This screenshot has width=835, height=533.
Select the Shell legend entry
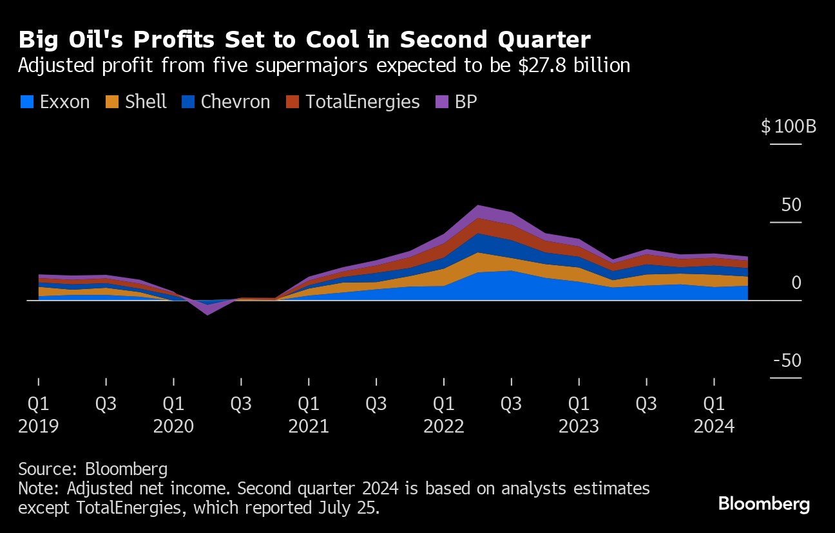137,102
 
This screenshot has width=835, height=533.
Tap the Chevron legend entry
226,102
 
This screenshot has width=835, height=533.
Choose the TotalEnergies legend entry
354,102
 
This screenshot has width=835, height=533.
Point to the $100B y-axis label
789,126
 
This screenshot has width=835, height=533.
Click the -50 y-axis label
789,360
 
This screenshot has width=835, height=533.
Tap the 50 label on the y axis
792,205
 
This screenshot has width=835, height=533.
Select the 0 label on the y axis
797,283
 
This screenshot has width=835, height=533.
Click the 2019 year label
38,426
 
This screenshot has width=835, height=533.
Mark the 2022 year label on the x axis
444,426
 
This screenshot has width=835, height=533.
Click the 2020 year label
173,426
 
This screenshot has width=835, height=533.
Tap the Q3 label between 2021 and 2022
376,404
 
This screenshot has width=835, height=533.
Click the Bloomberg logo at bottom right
764,503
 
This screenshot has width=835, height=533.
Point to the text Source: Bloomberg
93,469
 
